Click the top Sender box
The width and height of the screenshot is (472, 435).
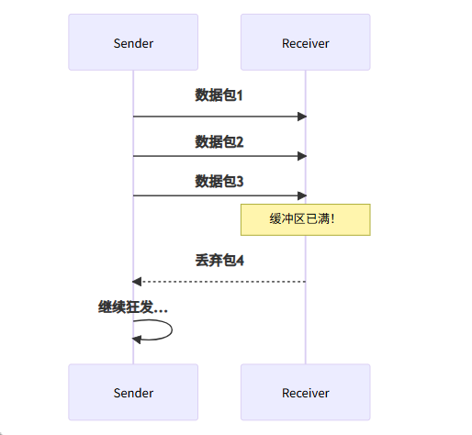133,42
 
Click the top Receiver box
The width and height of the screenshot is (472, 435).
305,42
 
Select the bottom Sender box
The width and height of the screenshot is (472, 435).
133,393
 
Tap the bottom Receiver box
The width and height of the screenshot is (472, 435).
305,393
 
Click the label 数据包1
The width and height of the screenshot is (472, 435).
219,95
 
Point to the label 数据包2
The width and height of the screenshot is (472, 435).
219,142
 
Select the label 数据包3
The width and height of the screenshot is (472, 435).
219,182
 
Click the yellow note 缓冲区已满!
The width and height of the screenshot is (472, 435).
305,220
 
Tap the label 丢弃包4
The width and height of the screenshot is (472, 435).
219,261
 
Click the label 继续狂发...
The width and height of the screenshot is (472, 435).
133,307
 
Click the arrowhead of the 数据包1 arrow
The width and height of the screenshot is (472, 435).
301,117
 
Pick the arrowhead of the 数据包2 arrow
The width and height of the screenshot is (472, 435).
301,156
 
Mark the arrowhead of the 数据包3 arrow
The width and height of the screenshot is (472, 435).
301,195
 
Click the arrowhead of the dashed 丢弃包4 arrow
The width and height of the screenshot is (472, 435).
137,281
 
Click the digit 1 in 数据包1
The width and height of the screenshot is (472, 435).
240,95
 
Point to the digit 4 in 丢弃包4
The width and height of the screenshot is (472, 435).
240,261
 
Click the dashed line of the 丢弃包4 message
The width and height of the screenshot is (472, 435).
220,281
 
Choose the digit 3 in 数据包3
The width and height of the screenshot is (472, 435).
240,182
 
